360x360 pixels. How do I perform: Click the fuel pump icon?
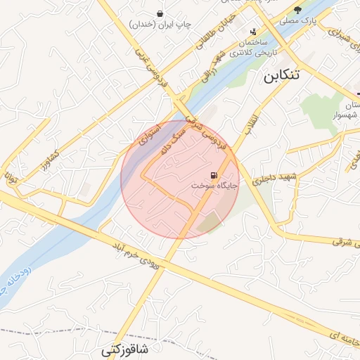pyautogui.click(x=212, y=175)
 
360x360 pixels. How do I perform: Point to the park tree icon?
pyautogui.click(x=298, y=10)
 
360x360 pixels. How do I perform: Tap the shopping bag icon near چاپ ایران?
pyautogui.click(x=160, y=13)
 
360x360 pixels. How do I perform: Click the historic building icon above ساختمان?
pyautogui.click(x=253, y=32)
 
